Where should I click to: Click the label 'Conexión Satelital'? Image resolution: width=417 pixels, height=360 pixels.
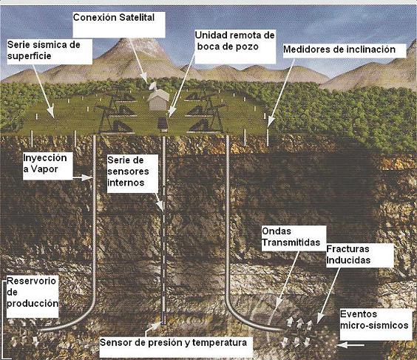point(114,18)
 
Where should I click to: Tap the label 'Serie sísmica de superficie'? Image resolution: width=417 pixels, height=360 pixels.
point(44,50)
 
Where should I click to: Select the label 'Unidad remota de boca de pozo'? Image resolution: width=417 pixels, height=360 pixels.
point(234,41)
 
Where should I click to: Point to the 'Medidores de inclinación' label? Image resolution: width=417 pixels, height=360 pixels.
point(339,50)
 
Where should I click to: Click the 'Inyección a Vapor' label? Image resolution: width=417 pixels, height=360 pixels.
point(45,163)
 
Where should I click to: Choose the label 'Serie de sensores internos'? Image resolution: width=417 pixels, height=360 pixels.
point(128,171)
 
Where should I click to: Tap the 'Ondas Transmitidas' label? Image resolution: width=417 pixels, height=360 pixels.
point(291,237)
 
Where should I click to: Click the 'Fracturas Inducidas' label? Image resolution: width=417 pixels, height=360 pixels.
point(348,254)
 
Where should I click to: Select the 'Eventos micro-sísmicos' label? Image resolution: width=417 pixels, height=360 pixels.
point(374,319)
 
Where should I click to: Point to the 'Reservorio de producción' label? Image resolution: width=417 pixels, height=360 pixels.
point(33,292)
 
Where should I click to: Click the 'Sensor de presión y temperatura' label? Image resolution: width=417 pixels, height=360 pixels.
point(173,343)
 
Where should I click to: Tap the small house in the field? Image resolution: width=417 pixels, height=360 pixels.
point(158,100)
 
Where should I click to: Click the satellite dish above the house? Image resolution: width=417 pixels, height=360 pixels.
point(153,86)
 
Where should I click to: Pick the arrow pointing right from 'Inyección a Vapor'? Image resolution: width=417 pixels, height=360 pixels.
point(83,177)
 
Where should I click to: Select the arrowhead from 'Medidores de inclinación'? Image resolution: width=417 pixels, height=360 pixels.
point(271,121)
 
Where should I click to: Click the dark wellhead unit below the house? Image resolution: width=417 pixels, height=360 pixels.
point(163,124)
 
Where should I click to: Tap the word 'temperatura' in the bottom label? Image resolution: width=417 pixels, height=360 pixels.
point(220,343)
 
